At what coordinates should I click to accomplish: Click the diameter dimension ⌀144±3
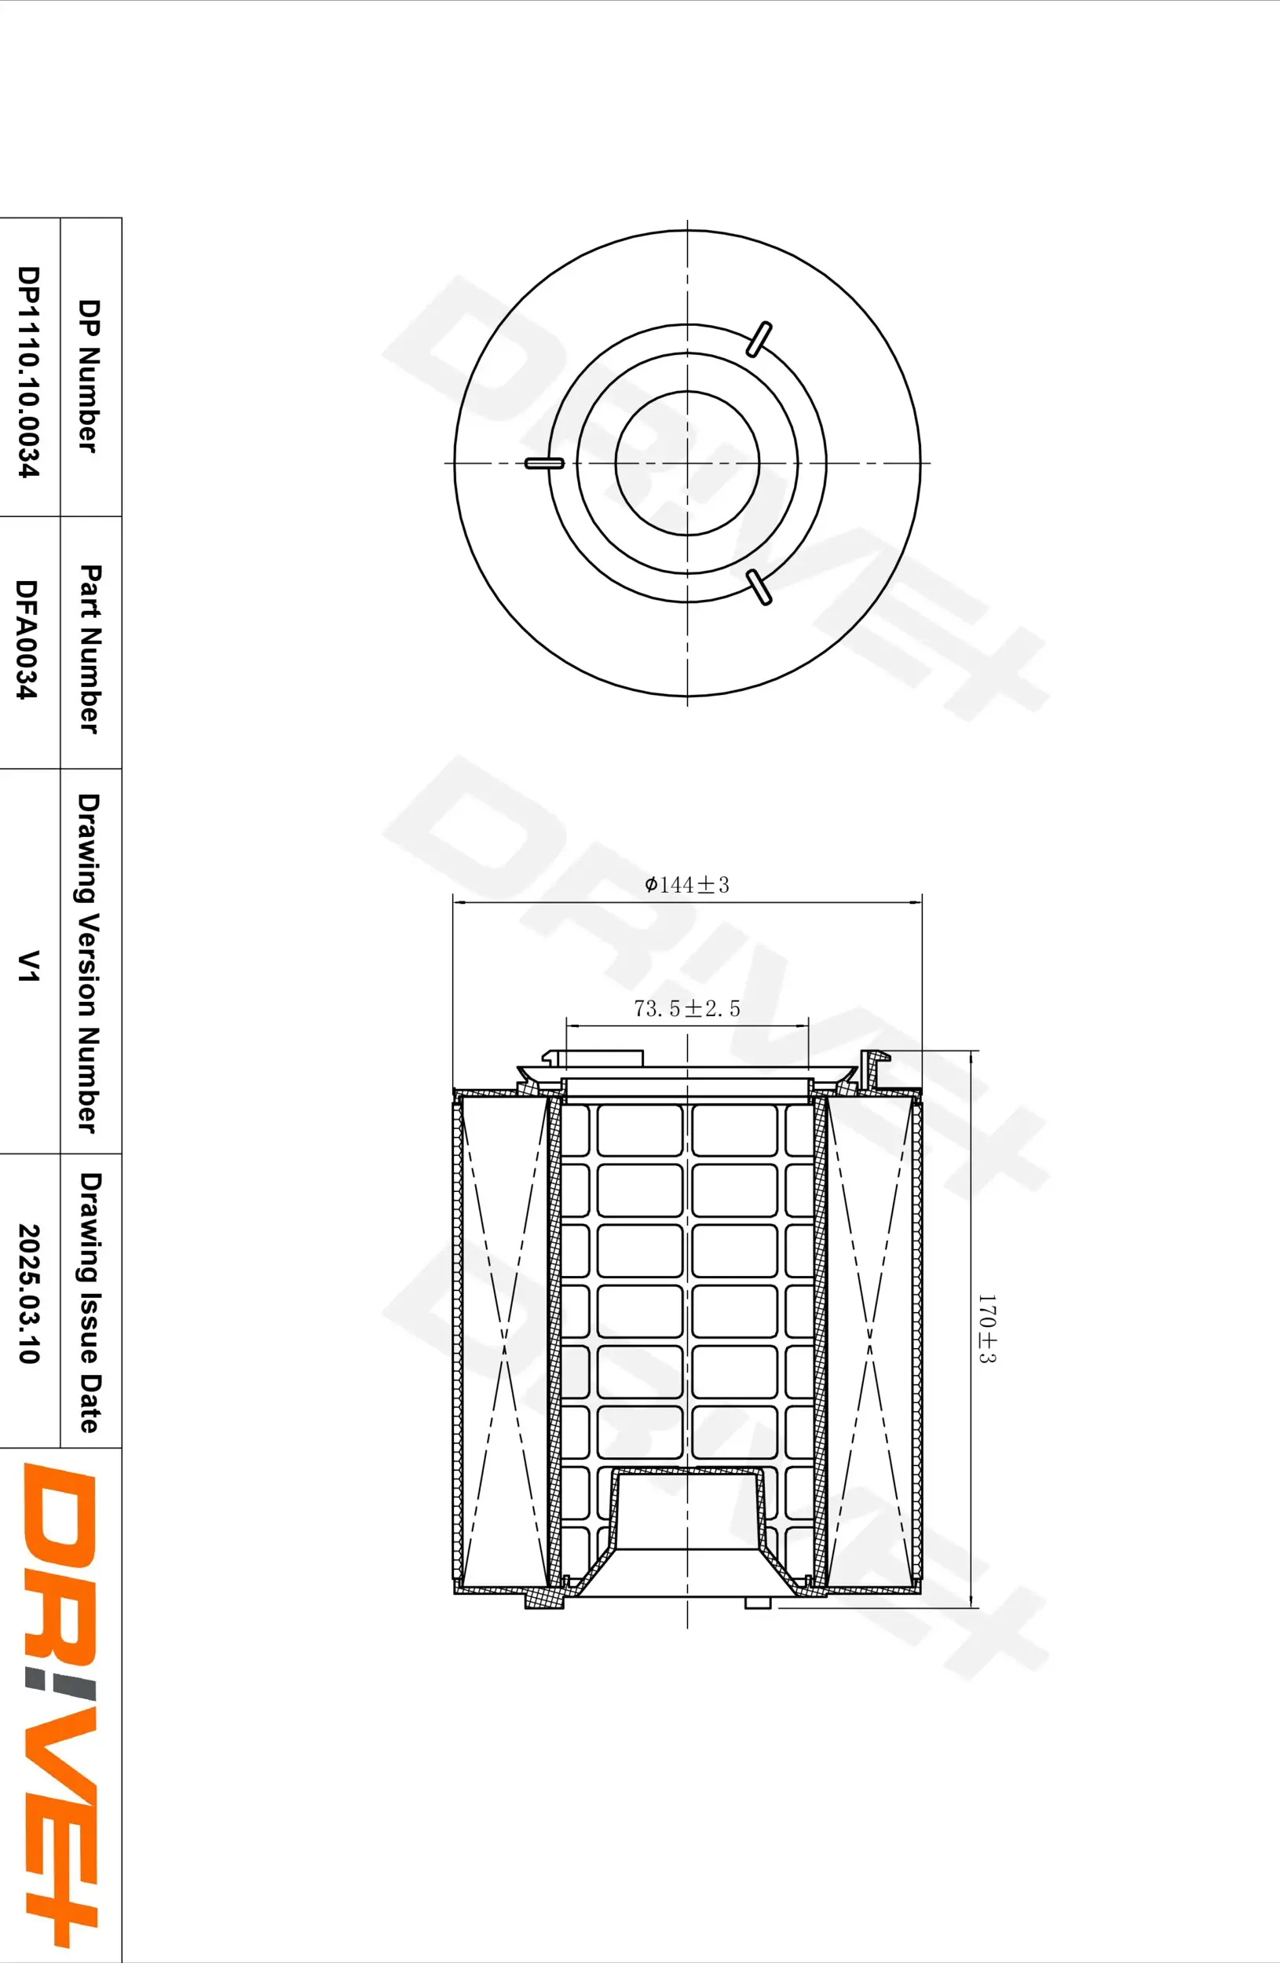click(687, 885)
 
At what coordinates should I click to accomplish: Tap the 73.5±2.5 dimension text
click(687, 1008)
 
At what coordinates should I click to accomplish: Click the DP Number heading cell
click(90, 375)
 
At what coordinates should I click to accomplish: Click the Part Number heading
click(90, 649)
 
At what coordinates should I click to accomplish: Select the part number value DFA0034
click(28, 640)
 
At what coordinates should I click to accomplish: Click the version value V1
click(30, 965)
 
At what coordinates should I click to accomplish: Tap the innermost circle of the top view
click(687, 463)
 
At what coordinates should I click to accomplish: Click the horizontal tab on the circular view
click(544, 463)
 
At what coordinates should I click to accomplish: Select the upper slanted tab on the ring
click(759, 339)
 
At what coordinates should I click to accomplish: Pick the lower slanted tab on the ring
click(759, 587)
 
